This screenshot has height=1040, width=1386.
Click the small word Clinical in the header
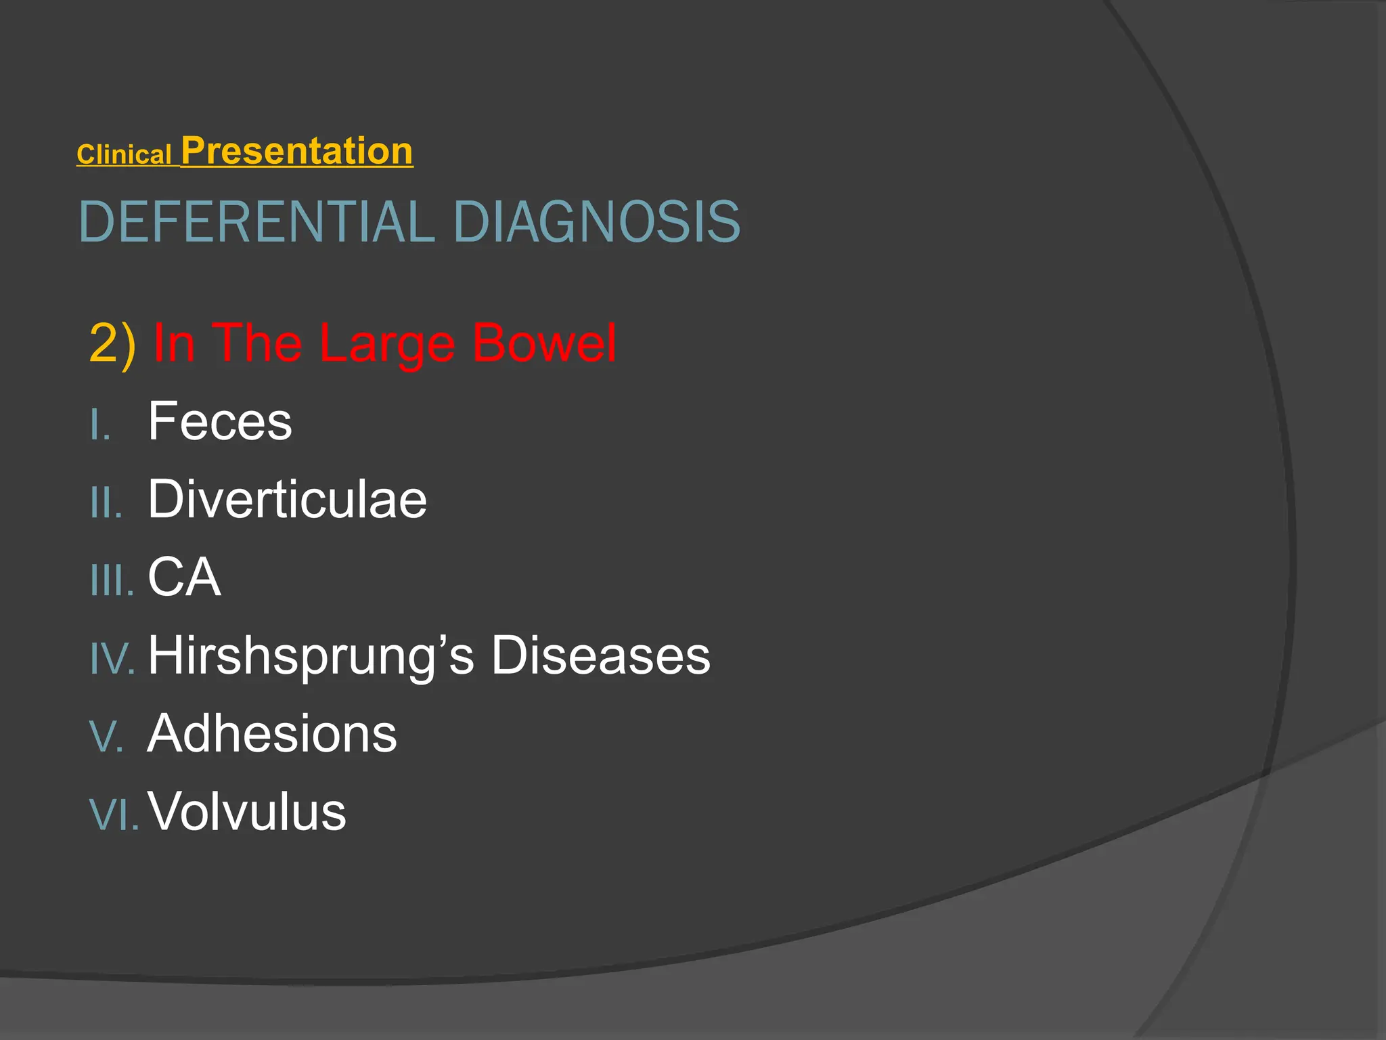click(x=124, y=155)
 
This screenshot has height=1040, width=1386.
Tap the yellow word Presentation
click(x=296, y=151)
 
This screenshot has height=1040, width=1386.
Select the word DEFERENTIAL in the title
click(x=256, y=221)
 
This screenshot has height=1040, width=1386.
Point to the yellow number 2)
click(x=112, y=343)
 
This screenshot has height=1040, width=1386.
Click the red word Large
click(x=386, y=343)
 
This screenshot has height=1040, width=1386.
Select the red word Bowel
click(x=543, y=343)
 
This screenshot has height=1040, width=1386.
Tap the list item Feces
click(x=220, y=421)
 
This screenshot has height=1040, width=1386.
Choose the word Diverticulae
click(x=287, y=499)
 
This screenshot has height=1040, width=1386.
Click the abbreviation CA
click(x=184, y=577)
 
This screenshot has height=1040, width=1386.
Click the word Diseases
click(x=600, y=655)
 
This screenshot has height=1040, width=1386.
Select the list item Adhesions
click(x=272, y=733)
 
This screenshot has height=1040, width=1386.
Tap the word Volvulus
click(x=247, y=811)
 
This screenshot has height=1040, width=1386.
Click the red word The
click(x=257, y=343)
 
